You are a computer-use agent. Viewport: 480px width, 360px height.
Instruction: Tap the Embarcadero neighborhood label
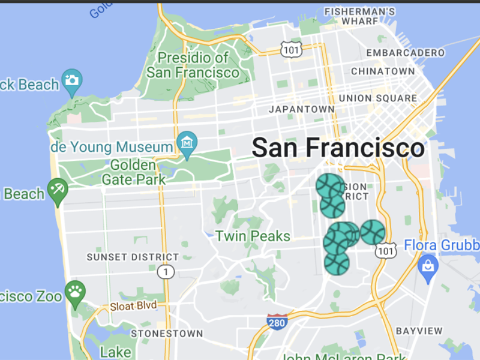406,53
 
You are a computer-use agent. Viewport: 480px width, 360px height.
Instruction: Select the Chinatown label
383,71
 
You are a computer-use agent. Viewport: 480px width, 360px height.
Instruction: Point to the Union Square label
377,98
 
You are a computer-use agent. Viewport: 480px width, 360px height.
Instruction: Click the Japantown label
302,109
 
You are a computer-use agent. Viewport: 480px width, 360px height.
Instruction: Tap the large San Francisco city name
338,148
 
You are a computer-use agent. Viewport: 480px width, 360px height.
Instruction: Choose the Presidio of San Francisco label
193,65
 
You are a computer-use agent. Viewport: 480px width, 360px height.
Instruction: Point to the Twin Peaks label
253,236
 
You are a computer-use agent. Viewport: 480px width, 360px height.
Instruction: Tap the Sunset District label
133,257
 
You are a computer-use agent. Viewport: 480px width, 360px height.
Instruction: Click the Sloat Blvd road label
133,306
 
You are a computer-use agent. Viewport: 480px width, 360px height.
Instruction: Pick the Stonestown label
167,333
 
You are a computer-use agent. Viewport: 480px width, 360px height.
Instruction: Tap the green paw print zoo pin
75,292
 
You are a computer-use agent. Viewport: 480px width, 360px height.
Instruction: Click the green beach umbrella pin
58,190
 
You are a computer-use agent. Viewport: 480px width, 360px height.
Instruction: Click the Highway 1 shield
165,273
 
